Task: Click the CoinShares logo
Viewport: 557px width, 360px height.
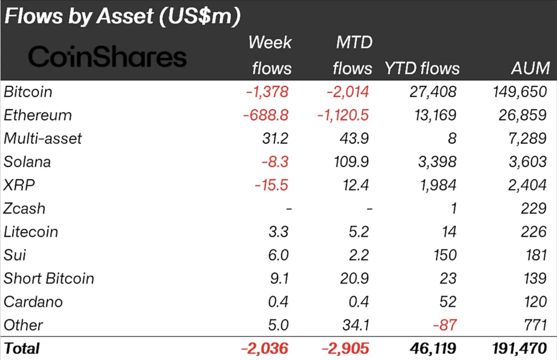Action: [x=107, y=57]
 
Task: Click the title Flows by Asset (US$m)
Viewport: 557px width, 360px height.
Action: [x=122, y=17]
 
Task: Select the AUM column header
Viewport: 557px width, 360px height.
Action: [x=530, y=68]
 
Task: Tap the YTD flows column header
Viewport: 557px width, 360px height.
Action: [x=422, y=68]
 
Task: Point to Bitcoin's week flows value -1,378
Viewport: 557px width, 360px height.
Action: [x=267, y=92]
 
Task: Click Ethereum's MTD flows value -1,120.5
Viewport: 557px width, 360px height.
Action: [x=343, y=115]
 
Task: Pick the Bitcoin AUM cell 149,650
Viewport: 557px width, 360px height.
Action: [x=519, y=92]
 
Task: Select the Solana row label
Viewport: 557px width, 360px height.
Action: [x=27, y=162]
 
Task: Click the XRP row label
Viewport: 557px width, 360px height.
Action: [x=19, y=185]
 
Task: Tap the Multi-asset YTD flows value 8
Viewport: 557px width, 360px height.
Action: [x=452, y=139]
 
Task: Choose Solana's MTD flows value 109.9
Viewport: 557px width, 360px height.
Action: [x=351, y=162]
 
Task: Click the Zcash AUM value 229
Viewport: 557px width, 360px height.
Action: [x=533, y=209]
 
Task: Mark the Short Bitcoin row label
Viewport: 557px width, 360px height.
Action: [x=49, y=279]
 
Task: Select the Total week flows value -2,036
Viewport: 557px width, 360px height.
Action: [x=265, y=349]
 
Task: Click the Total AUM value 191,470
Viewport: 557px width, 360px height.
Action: [x=519, y=349]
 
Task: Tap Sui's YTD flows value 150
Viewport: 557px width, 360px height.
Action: [x=445, y=255]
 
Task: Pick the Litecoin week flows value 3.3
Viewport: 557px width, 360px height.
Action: [x=278, y=232]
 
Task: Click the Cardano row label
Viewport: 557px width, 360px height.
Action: [x=33, y=302]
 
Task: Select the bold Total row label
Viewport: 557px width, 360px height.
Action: [x=22, y=349]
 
